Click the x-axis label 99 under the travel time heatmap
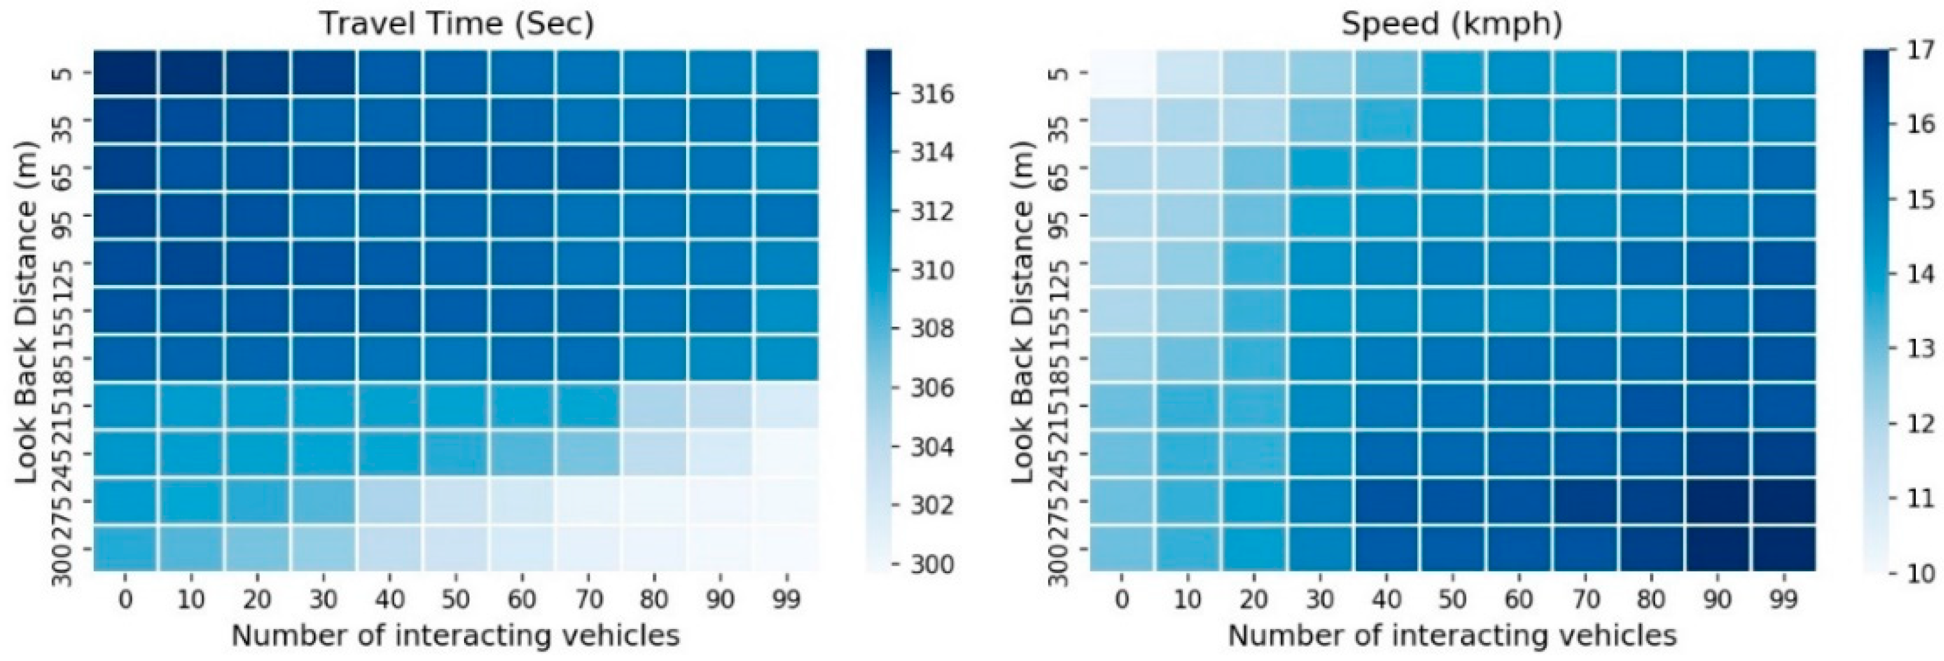pyautogui.click(x=786, y=600)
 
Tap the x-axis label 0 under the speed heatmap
pyautogui.click(x=1122, y=600)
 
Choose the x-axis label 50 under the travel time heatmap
pyautogui.click(x=456, y=600)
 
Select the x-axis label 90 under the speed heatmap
pyautogui.click(x=1717, y=600)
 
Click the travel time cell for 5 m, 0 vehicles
pyautogui.click(x=125, y=73)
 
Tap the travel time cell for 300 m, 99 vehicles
pyautogui.click(x=786, y=549)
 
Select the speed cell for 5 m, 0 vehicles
pyautogui.click(x=1122, y=73)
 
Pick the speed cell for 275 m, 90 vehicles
pyautogui.click(x=1717, y=501)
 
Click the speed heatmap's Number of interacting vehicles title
pyautogui.click(x=1452, y=635)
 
